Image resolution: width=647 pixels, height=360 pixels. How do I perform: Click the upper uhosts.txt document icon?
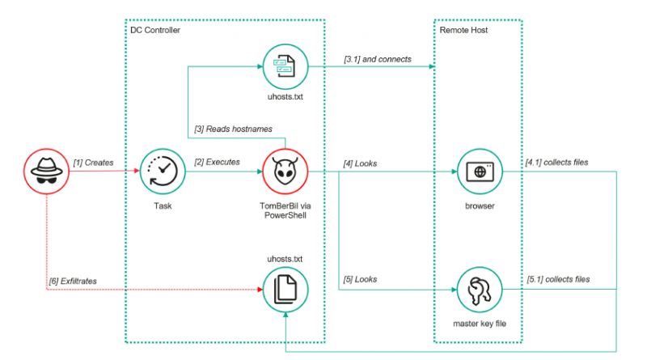tap(284, 66)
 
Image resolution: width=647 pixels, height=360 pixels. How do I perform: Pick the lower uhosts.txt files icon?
tap(284, 288)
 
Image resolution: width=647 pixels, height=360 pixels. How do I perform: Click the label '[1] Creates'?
tap(94, 163)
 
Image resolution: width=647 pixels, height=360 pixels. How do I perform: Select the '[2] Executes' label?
tap(218, 163)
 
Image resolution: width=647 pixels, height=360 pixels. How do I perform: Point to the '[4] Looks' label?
tap(359, 163)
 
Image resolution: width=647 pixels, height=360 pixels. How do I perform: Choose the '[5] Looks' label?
tap(359, 279)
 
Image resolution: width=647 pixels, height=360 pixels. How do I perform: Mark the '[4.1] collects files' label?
tap(556, 163)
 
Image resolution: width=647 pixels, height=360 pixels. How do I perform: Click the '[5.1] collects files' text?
tap(556, 279)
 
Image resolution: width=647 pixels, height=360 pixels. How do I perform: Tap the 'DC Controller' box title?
tap(155, 30)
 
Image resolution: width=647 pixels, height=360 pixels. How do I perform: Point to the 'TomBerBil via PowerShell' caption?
tap(284, 212)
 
